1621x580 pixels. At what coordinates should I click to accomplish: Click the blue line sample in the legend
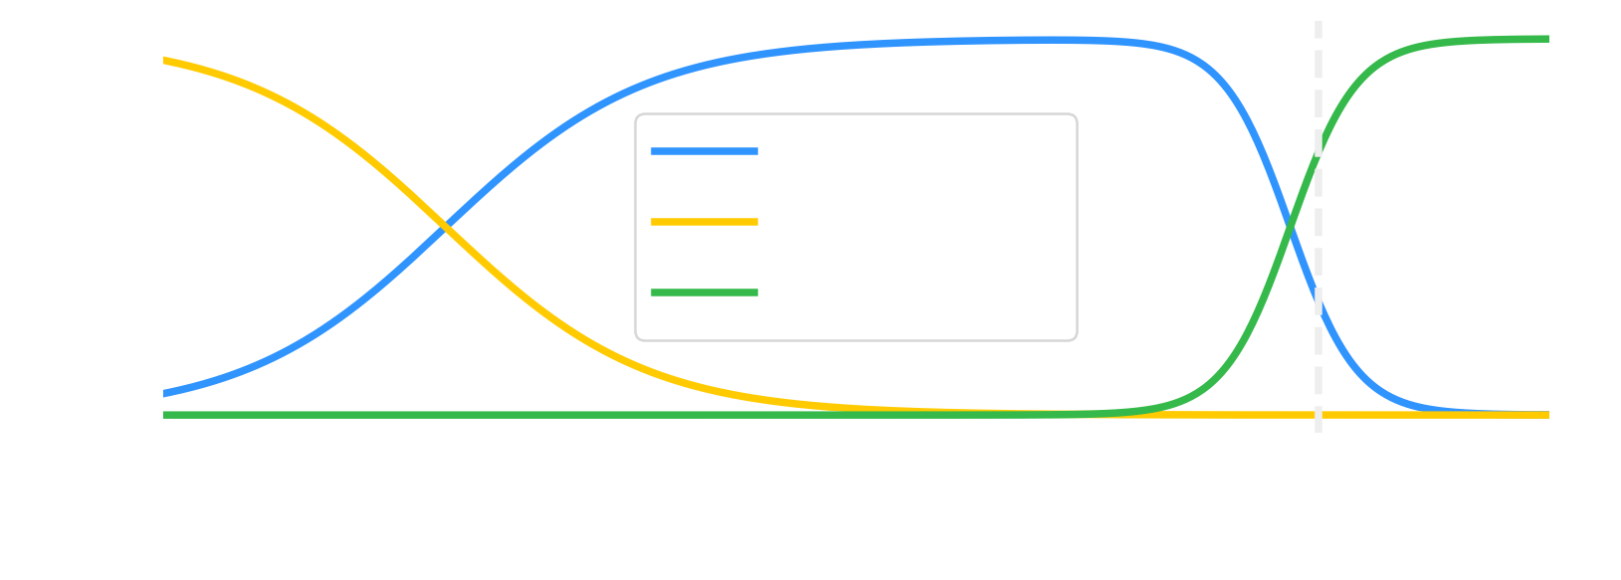[705, 151]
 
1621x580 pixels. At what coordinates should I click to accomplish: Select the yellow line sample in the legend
[705, 222]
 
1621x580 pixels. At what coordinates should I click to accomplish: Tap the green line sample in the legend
[705, 292]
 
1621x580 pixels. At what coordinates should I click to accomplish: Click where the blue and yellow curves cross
[447, 230]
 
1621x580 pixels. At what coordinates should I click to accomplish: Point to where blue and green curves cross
[1290, 230]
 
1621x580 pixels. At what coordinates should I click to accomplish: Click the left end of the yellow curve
[164, 61]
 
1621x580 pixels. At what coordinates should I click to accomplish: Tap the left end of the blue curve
[164, 394]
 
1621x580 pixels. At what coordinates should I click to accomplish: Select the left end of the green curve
[164, 415]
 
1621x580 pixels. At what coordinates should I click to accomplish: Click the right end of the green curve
[1548, 39]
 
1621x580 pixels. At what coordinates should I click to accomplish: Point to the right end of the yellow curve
[1548, 415]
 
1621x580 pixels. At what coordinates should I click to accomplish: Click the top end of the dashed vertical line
[1318, 22]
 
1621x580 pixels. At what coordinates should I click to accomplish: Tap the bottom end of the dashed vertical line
[1318, 431]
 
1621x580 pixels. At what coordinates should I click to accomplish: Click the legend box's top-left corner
[636, 114]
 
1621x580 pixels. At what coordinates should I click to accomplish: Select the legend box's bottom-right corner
[1077, 340]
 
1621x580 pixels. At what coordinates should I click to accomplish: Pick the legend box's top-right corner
[1077, 114]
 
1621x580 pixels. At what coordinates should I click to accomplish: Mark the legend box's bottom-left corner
[636, 340]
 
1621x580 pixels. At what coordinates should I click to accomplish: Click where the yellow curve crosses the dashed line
[1318, 415]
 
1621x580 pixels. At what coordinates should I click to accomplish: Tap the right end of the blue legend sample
[757, 151]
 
